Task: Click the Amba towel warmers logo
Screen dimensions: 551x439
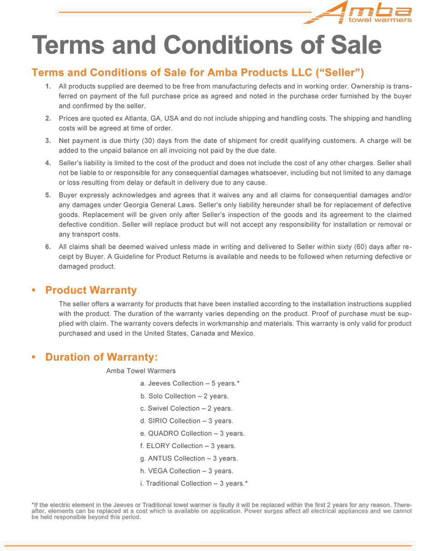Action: point(359,12)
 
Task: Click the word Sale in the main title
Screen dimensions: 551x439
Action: point(354,45)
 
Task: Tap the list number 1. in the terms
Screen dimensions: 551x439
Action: point(48,86)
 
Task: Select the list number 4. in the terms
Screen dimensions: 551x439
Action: point(48,163)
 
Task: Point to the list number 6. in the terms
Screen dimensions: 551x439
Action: point(48,247)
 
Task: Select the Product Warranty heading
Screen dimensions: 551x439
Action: point(91,290)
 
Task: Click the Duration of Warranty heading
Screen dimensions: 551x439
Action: point(101,357)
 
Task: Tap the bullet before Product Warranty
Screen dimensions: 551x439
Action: point(34,291)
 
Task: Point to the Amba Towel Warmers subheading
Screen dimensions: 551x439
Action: point(141,371)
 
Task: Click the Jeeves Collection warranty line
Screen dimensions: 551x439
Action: point(190,383)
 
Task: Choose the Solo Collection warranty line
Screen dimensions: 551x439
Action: point(184,396)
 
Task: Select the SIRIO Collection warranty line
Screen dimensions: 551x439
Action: point(187,421)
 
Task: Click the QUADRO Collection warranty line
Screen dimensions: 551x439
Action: point(192,433)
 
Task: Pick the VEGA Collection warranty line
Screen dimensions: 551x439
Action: point(187,471)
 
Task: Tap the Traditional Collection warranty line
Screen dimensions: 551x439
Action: point(194,484)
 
